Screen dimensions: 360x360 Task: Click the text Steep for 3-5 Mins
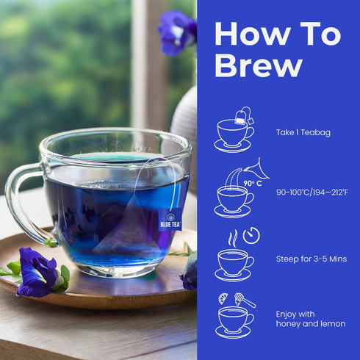coord(311,259)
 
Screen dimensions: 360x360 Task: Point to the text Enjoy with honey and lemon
coord(310,319)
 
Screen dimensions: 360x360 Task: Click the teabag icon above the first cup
coord(242,115)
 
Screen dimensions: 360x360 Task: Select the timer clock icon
coord(251,235)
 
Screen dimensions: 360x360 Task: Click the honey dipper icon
coord(245,299)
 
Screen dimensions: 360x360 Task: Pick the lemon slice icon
coord(223,298)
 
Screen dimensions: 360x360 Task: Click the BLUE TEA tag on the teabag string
coord(170,219)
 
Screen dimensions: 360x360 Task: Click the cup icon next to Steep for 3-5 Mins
coord(234,263)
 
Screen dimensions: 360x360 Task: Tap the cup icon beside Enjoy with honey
coord(234,320)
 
